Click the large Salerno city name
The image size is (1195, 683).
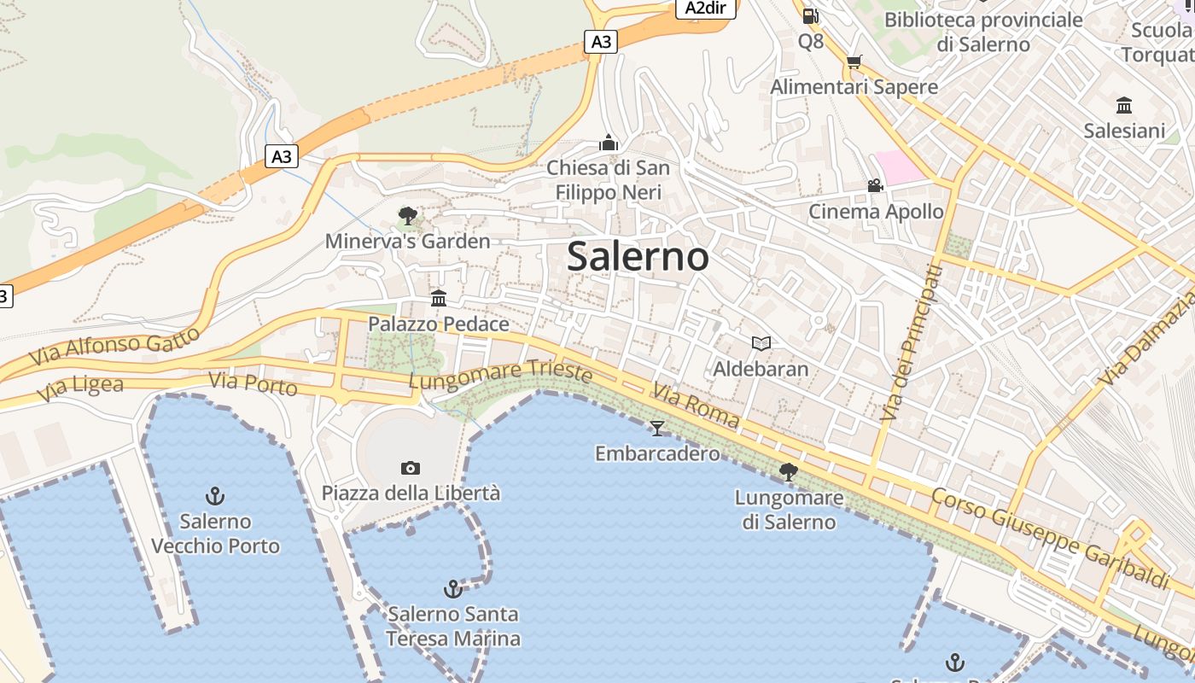pyautogui.click(x=638, y=256)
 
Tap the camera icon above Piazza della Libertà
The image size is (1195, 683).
pyautogui.click(x=411, y=468)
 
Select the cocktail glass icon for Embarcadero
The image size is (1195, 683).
pyautogui.click(x=656, y=428)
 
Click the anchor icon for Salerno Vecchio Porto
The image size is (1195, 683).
pyautogui.click(x=215, y=495)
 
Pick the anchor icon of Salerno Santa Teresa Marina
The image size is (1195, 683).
pyautogui.click(x=452, y=588)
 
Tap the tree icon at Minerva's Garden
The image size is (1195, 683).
pyautogui.click(x=408, y=215)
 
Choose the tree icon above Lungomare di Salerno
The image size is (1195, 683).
pyautogui.click(x=789, y=470)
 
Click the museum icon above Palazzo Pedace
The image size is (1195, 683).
pyautogui.click(x=439, y=298)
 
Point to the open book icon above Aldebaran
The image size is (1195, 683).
pyautogui.click(x=761, y=343)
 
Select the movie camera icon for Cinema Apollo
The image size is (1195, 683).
pyautogui.click(x=875, y=185)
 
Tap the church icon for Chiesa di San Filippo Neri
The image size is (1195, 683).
pyautogui.click(x=609, y=143)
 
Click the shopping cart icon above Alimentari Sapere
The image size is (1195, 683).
pyautogui.click(x=854, y=61)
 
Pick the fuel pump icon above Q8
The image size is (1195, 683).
pyautogui.click(x=811, y=15)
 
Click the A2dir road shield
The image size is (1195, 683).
pyautogui.click(x=706, y=8)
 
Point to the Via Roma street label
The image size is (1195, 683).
pyautogui.click(x=696, y=404)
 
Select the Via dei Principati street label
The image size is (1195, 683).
pyautogui.click(x=912, y=341)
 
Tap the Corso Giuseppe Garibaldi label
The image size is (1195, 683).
pyautogui.click(x=1049, y=538)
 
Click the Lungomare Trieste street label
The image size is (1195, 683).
pyautogui.click(x=500, y=374)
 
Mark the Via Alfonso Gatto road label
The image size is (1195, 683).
pyautogui.click(x=114, y=346)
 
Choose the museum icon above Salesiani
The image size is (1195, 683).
pyautogui.click(x=1124, y=106)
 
